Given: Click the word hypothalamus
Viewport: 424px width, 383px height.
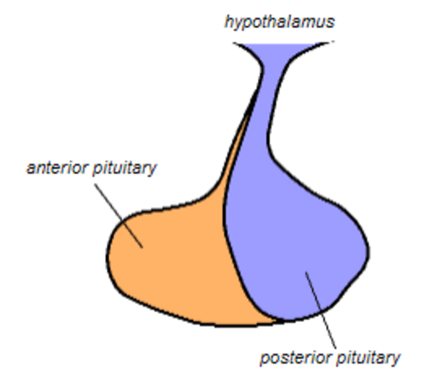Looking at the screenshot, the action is point(280,22).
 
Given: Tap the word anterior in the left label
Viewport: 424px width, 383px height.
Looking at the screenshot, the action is point(58,168).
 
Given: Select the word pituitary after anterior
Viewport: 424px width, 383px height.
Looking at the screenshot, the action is point(125,169).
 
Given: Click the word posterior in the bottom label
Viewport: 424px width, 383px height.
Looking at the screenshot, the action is point(296,358).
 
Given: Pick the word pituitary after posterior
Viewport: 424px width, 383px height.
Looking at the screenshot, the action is point(368,358).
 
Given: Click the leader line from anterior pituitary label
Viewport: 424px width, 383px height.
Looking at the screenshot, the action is point(119,215).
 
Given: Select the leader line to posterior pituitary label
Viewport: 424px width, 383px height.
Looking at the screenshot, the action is point(321,310).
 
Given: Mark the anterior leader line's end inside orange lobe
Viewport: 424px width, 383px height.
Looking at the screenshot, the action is point(142,247).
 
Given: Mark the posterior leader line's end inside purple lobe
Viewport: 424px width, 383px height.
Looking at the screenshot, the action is point(306,273).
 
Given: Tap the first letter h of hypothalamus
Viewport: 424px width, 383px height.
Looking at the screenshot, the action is point(229,22).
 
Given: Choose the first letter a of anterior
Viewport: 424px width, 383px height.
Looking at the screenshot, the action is point(31,169).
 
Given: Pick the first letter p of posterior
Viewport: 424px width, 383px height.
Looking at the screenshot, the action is point(265,359).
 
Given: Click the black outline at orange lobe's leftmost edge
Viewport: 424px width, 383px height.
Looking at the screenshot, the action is point(107,256).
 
